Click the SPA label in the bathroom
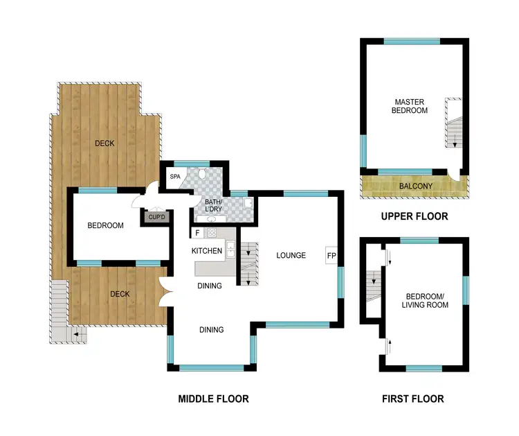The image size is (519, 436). tap(174, 177)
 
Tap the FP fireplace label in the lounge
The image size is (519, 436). tap(331, 255)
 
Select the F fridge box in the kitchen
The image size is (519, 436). tap(197, 233)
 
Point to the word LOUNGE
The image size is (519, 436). tap(291, 255)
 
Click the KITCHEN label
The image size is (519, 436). tap(207, 250)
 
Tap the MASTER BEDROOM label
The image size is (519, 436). tap(409, 105)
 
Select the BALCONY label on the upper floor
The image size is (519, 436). tap(415, 186)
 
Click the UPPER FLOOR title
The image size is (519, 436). tap(415, 216)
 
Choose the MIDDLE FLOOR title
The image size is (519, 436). tap(213, 399)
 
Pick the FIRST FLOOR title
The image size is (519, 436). tap(413, 399)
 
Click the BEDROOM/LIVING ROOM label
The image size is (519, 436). tap(425, 300)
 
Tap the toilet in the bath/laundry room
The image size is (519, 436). tap(201, 173)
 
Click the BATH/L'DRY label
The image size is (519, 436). tap(214, 206)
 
